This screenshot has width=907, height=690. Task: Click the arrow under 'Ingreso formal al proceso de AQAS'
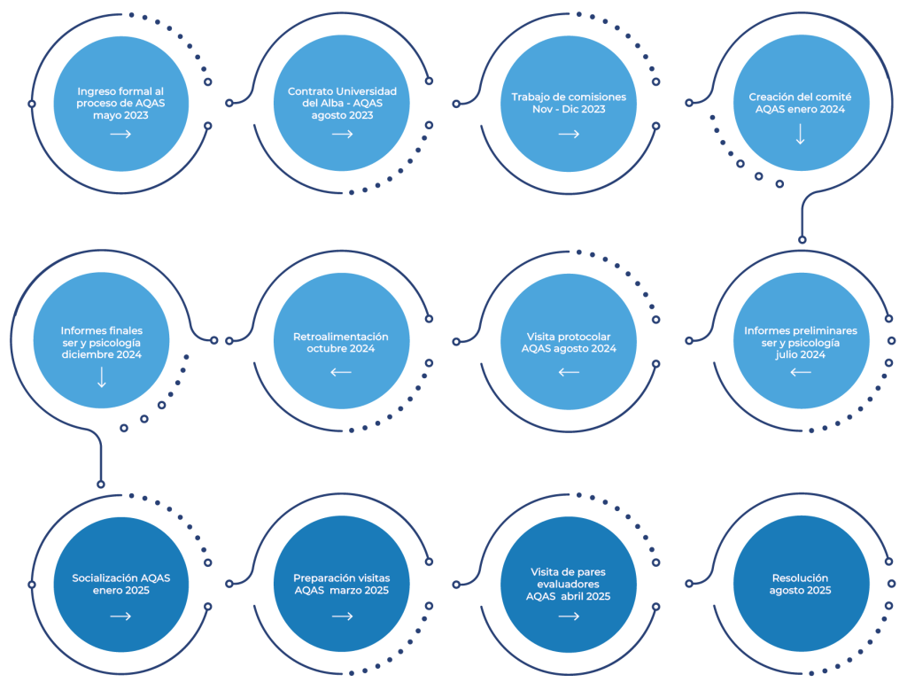tap(120, 134)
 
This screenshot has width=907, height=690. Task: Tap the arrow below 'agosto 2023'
tap(343, 134)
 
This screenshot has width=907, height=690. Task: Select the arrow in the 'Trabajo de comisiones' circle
tap(569, 134)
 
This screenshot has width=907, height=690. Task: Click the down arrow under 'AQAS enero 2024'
tap(800, 134)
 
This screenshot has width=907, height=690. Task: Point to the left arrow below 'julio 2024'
tap(800, 372)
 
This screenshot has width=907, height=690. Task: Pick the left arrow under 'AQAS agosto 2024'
tap(569, 372)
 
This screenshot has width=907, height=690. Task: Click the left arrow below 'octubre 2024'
tap(341, 372)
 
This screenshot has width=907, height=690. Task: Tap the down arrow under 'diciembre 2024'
tap(101, 376)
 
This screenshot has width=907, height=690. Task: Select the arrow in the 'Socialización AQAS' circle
tap(120, 616)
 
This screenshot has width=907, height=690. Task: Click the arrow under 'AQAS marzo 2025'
tap(343, 616)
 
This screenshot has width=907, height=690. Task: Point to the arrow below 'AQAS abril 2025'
tap(569, 616)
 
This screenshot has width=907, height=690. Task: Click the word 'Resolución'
tap(800, 578)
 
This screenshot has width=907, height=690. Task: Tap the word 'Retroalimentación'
tap(341, 337)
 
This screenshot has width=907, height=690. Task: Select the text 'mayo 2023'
tap(120, 115)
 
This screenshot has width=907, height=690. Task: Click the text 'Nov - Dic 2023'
tap(569, 109)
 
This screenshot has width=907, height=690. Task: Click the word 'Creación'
tap(771, 97)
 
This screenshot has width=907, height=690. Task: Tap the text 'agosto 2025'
tap(800, 590)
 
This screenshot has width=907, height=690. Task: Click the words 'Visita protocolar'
tap(569, 337)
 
